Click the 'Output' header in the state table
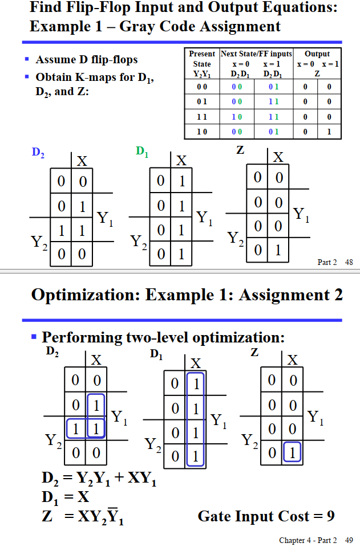[x=317, y=54]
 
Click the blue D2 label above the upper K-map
[x=38, y=152]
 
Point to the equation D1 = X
[x=67, y=497]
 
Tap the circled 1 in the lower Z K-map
[x=293, y=454]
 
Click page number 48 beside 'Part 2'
[x=349, y=262]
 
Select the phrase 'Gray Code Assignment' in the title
[x=200, y=26]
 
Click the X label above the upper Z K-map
[x=278, y=157]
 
